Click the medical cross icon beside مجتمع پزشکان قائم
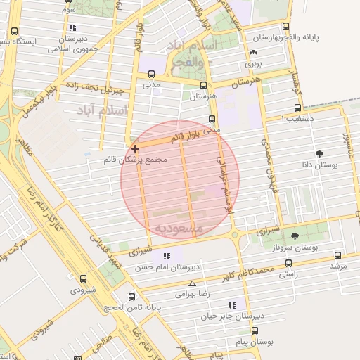coord(135,148)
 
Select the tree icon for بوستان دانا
coord(320,153)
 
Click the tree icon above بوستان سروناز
coord(294,236)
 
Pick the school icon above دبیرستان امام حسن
coord(167,257)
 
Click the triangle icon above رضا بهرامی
coord(192,283)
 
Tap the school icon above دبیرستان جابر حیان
coord(231,305)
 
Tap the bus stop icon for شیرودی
coord(84,279)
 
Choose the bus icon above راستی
coord(287,262)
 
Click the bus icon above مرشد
coord(338,255)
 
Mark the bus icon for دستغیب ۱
coord(297,108)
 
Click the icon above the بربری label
coord(253,53)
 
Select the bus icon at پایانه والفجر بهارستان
coord(285,26)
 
